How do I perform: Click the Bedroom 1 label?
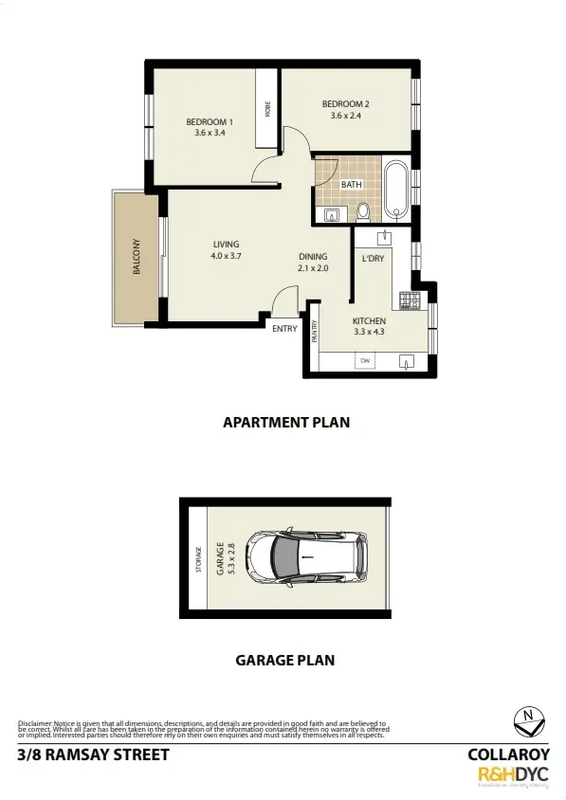coord(209,121)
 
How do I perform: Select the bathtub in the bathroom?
coord(396,190)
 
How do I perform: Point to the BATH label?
coord(352,184)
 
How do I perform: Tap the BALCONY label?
coord(137,257)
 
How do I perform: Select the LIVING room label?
coord(226,244)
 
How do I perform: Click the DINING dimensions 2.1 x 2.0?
coord(313,268)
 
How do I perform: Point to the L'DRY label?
coord(372,258)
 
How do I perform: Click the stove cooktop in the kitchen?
coord(410,300)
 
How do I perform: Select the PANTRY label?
coord(314,332)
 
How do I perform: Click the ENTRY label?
coord(283,328)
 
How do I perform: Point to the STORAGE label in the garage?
coord(198,558)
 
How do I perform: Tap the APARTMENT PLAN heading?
coord(285,423)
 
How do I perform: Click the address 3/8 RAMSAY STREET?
coord(93,755)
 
